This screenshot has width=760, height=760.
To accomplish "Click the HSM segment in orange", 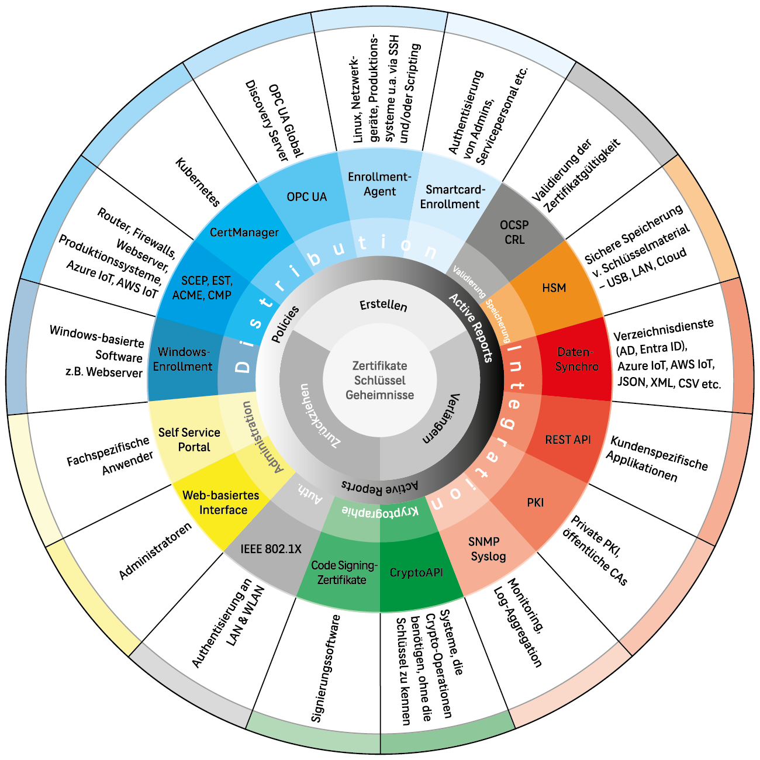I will [x=554, y=288].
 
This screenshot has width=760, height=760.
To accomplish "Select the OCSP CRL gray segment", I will [x=514, y=232].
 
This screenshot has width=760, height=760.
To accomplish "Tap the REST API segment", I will [x=568, y=440].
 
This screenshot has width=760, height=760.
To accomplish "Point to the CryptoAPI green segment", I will [x=416, y=572].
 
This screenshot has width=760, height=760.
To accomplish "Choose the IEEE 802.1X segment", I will [x=271, y=549].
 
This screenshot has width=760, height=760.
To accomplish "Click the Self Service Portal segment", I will [x=189, y=440].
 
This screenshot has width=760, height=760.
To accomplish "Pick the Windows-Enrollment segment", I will [x=183, y=359].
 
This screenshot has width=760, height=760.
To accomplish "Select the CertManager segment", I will [x=244, y=232].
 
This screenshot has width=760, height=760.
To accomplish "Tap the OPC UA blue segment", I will [x=306, y=197].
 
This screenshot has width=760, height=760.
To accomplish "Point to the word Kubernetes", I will [x=198, y=182].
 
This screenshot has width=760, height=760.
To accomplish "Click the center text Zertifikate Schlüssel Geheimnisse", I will [x=379, y=380].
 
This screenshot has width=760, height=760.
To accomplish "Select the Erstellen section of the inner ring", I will [x=383, y=305].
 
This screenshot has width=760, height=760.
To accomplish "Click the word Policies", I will [x=286, y=324].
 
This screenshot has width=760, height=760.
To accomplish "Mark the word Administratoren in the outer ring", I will [x=155, y=551].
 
